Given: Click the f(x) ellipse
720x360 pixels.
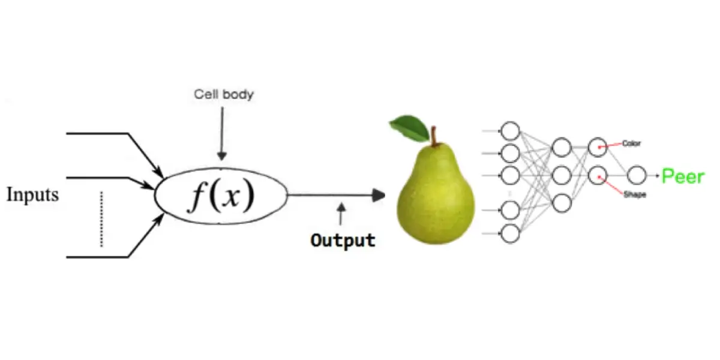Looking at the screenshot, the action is point(221,196).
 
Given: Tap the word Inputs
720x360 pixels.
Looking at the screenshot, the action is point(33,194).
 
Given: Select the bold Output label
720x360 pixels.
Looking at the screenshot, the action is point(343,240).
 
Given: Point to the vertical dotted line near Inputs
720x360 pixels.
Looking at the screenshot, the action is point(101,219).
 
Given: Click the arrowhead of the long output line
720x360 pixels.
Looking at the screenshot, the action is point(378,195).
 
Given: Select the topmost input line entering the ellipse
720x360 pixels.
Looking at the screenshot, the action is point(108,133).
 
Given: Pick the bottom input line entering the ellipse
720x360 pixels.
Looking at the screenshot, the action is point(108,257).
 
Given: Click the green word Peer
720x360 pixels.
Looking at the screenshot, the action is point(682,176).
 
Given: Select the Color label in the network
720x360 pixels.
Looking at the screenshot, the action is point(632,143).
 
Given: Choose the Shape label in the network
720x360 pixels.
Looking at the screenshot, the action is point(634,194).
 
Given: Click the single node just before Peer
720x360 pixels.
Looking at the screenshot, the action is point(636,176).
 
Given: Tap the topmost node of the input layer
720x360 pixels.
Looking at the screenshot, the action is point(510,130).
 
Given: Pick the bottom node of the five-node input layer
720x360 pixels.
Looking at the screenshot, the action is point(510,233).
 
